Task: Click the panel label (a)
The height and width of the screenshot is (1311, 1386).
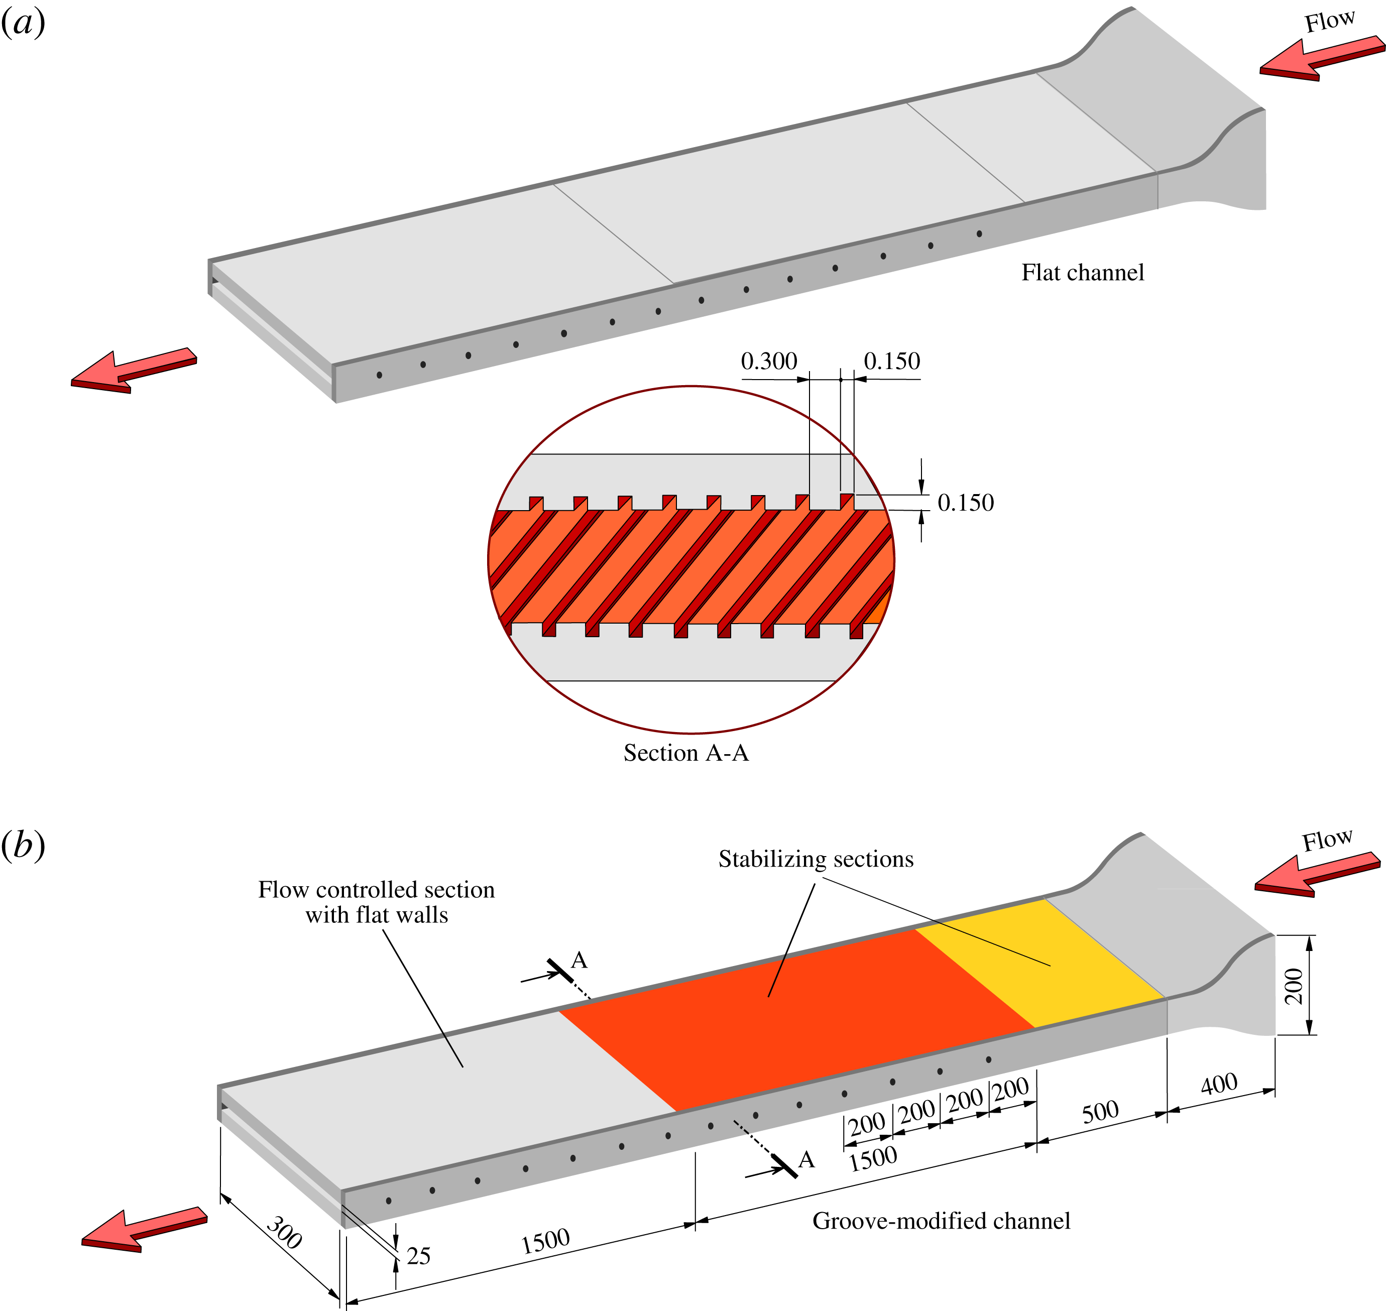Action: [23, 23]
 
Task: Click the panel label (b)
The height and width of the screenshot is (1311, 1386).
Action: [23, 845]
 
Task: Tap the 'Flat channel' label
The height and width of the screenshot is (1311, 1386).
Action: [1082, 273]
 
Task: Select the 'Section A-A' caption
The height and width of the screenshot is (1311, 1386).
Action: [685, 753]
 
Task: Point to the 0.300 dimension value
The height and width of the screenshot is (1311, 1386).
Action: [768, 362]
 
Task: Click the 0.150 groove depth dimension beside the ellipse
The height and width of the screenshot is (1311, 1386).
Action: [965, 503]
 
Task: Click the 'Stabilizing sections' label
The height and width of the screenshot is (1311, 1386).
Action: [816, 859]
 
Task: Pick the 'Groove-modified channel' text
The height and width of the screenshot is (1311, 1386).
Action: [941, 1221]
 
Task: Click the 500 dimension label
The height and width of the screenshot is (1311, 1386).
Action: [1100, 1111]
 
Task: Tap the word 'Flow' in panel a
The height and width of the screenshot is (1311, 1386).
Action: [1329, 21]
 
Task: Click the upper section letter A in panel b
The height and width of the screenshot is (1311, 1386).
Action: [579, 960]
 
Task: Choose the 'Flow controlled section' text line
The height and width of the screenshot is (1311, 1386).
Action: [376, 890]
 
